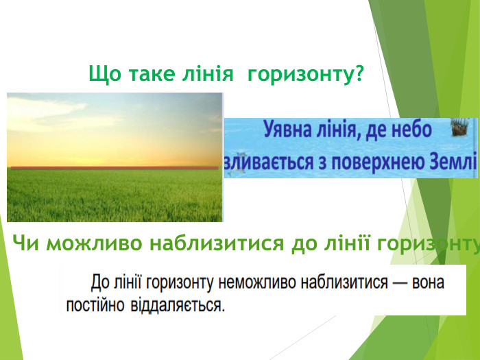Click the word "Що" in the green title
click(102, 73)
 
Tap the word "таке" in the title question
click(143, 73)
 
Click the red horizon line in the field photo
click(114, 167)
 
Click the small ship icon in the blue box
click(460, 128)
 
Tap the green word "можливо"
click(90, 243)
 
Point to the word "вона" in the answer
click(429, 282)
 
